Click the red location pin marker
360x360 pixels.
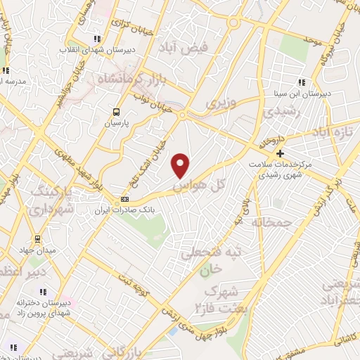click(x=181, y=165)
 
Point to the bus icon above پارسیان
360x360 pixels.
click(x=116, y=112)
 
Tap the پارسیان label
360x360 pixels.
click(x=117, y=122)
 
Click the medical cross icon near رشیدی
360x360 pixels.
click(x=280, y=153)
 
